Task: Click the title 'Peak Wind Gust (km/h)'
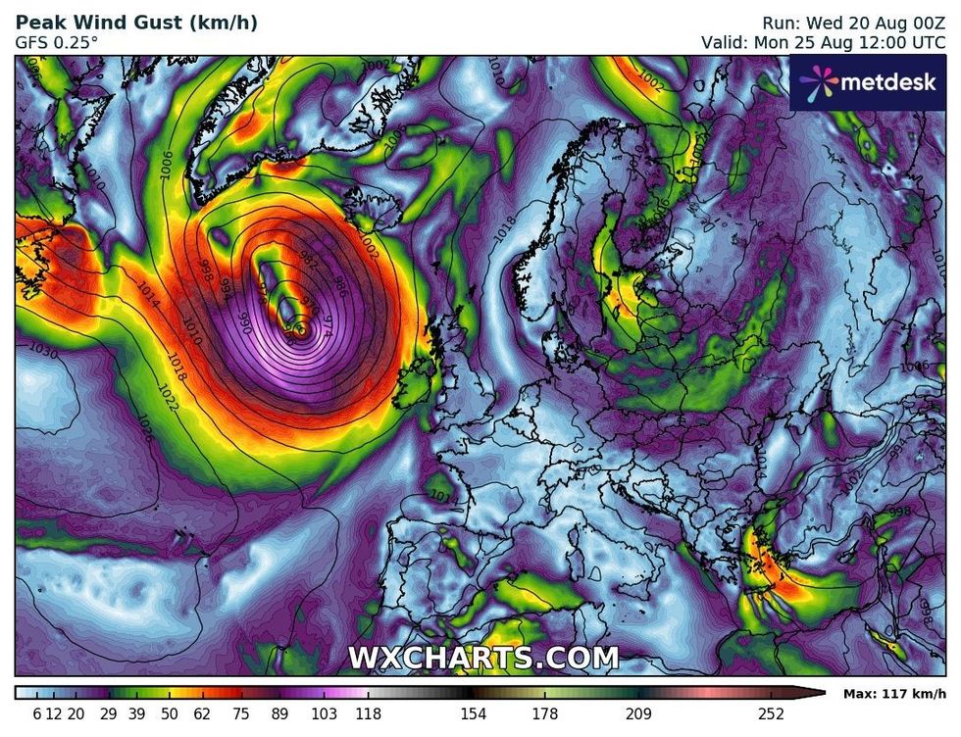point(136,23)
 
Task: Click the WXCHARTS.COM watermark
point(483,657)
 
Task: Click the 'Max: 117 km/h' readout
point(893,694)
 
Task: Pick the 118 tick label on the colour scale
point(368,714)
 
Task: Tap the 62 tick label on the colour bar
point(203,714)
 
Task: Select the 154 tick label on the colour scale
point(475,714)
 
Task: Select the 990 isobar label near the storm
point(246,320)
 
